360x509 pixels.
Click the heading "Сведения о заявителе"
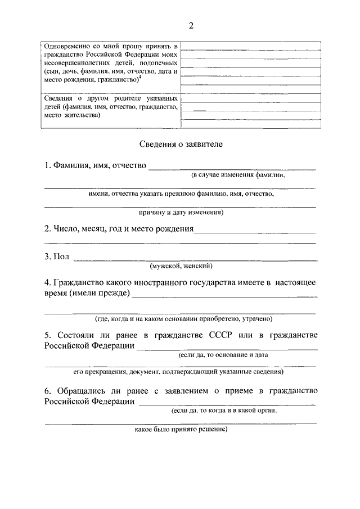point(181,144)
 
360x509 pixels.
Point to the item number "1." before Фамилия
point(48,166)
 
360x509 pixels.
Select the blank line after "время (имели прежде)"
point(225,295)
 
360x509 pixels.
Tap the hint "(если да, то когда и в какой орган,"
point(224,411)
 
